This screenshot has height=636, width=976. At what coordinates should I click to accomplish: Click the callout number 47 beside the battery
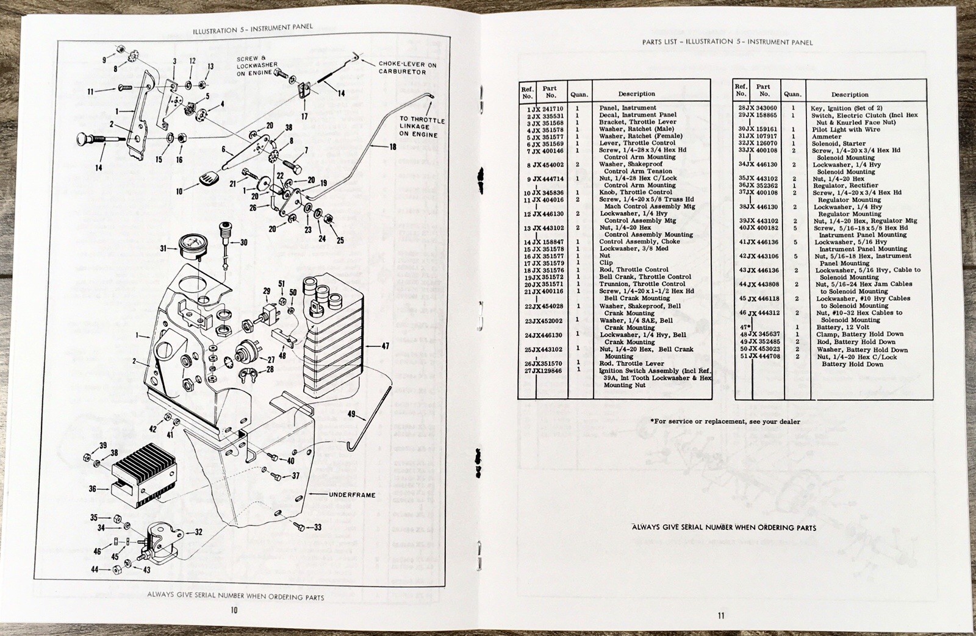pyautogui.click(x=385, y=346)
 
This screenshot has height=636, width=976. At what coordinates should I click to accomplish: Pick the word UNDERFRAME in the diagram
pyautogui.click(x=353, y=495)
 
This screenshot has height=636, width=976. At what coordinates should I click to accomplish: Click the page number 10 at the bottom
pyautogui.click(x=234, y=609)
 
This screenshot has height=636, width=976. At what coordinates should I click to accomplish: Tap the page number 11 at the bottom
pyautogui.click(x=721, y=615)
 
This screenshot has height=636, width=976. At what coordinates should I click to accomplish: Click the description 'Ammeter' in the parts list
pyautogui.click(x=827, y=136)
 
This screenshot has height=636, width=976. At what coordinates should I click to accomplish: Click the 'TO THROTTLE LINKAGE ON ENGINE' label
pyautogui.click(x=422, y=127)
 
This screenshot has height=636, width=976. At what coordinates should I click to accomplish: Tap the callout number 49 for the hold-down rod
pyautogui.click(x=351, y=415)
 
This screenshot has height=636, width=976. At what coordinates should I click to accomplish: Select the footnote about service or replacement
pyautogui.click(x=725, y=421)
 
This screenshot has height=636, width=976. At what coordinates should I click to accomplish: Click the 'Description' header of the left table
pyautogui.click(x=636, y=94)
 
